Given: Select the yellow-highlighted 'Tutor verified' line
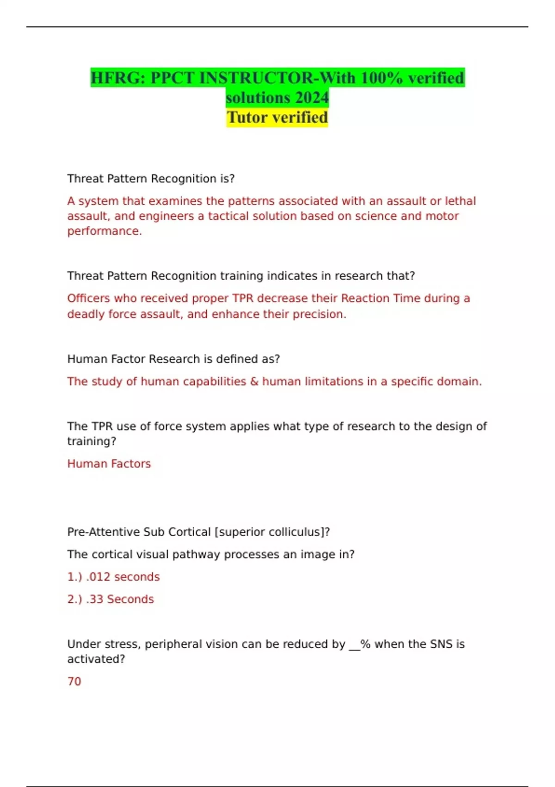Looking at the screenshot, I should tap(277, 118).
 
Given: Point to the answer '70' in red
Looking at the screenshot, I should tap(74, 681).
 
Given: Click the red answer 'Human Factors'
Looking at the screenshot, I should tap(109, 464).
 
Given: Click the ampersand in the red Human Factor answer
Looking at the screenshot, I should tap(254, 381).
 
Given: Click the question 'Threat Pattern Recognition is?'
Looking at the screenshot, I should tap(151, 179).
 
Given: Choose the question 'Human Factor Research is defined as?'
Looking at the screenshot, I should tap(173, 359).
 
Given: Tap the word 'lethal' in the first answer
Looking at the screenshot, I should tap(460, 201).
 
